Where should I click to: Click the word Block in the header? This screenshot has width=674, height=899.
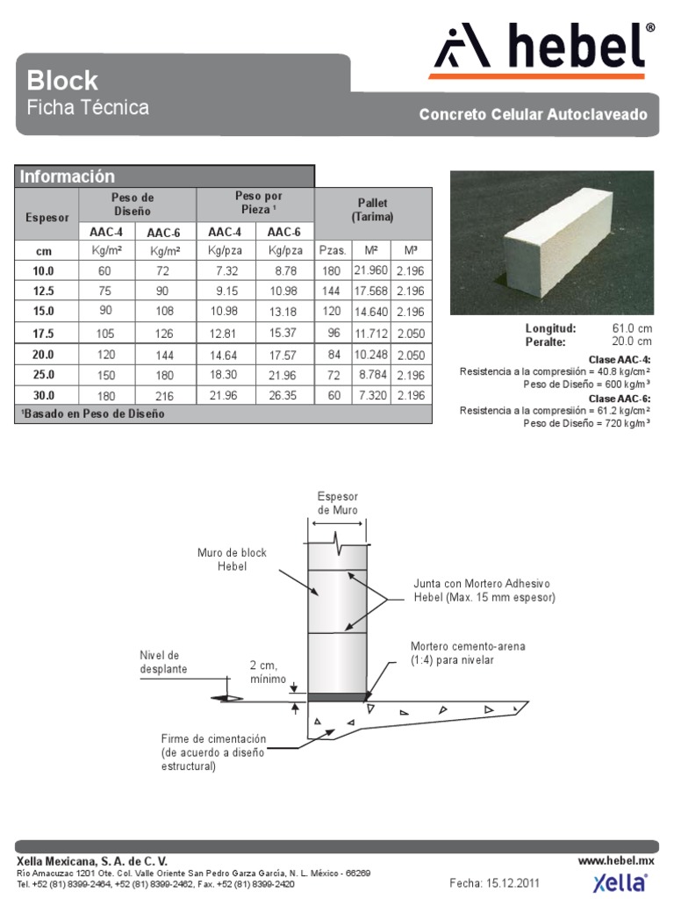click(x=62, y=81)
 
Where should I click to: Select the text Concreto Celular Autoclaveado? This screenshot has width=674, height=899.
click(x=533, y=115)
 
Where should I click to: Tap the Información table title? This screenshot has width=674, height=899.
click(x=68, y=176)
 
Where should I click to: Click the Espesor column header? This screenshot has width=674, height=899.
click(x=45, y=216)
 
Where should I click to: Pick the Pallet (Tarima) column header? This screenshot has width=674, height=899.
click(x=372, y=210)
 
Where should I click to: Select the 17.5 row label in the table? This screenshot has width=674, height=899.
click(x=44, y=334)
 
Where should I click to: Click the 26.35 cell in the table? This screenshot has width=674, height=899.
click(x=284, y=396)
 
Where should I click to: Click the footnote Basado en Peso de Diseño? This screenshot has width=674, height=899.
click(x=92, y=414)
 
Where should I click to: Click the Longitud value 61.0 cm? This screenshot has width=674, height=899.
click(x=632, y=328)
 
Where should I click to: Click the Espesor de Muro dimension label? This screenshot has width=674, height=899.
click(x=338, y=503)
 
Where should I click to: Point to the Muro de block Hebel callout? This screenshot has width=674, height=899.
click(x=232, y=559)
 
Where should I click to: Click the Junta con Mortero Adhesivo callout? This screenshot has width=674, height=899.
click(x=484, y=590)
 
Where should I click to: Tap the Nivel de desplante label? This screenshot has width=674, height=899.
click(x=160, y=662)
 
